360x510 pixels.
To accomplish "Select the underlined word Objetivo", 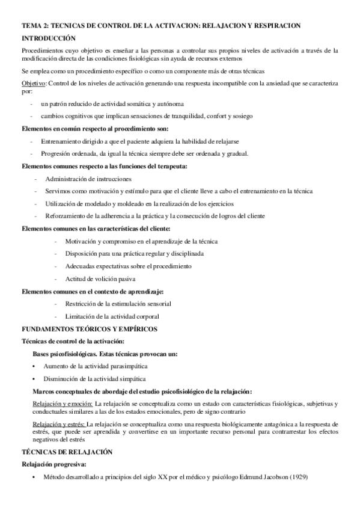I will [x=34, y=83].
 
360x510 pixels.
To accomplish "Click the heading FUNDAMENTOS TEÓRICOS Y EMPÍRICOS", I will [x=89, y=329].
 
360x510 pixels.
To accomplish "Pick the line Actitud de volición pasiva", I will [x=100, y=279].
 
